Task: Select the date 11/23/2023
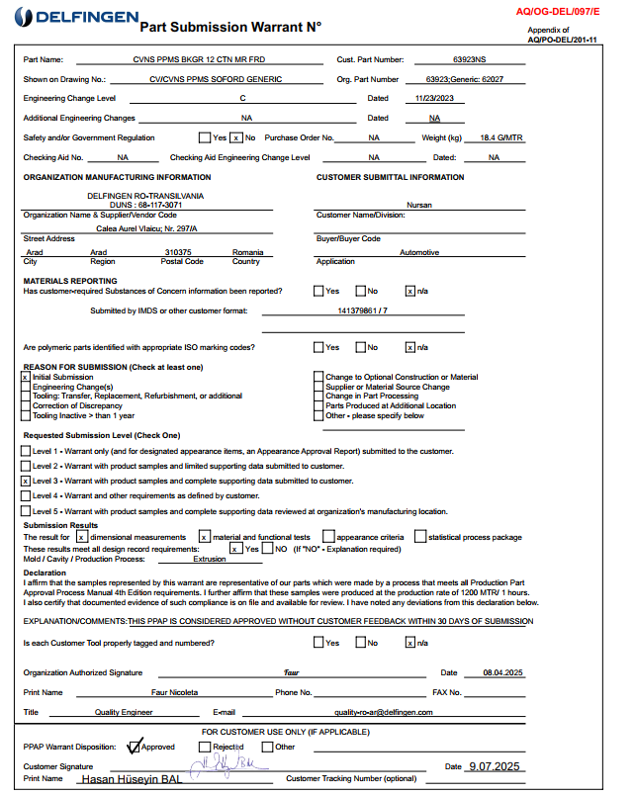pyautogui.click(x=433, y=98)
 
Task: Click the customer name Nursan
pyautogui.click(x=419, y=205)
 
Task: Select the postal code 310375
pyautogui.click(x=177, y=252)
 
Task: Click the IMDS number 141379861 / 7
pyautogui.click(x=363, y=310)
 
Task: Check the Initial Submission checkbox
pyautogui.click(x=25, y=378)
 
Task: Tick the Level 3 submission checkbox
pyautogui.click(x=25, y=481)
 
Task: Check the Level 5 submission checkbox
pyautogui.click(x=25, y=511)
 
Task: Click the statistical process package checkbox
pyautogui.click(x=420, y=537)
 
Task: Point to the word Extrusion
pyautogui.click(x=209, y=559)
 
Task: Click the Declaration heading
pyautogui.click(x=45, y=573)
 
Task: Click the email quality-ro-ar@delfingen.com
pyautogui.click(x=385, y=712)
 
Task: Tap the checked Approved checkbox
pyautogui.click(x=136, y=747)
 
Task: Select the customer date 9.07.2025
pyautogui.click(x=494, y=766)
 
